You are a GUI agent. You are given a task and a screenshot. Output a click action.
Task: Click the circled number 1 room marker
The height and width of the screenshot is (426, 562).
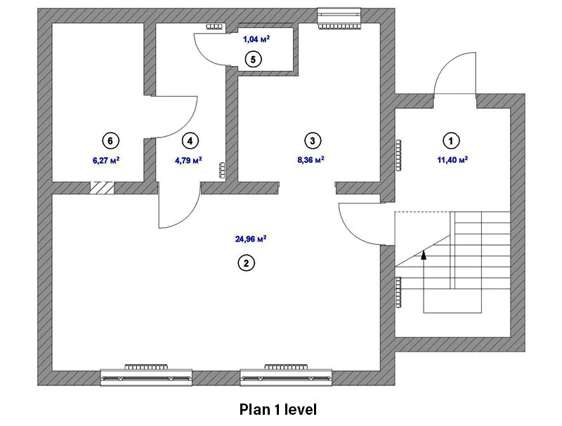451,140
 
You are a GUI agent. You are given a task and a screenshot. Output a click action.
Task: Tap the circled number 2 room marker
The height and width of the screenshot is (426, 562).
247,263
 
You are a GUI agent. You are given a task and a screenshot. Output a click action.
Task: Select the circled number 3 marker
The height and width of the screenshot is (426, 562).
313,140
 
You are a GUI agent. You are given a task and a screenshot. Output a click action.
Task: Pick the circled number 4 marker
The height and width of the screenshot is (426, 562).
190,140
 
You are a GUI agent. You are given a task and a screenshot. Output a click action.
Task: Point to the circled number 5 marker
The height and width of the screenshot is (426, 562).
253,60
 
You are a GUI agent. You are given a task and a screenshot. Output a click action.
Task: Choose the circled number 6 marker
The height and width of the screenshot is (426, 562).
110,140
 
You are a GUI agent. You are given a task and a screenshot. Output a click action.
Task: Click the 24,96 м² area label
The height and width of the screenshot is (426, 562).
251,239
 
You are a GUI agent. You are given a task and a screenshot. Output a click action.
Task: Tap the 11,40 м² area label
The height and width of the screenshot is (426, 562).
452,159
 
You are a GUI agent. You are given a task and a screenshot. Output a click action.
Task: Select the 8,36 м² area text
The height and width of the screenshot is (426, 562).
311,159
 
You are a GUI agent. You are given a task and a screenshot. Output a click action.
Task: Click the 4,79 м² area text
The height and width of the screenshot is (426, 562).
188,159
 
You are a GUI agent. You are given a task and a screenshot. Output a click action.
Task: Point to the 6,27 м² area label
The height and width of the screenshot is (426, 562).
106,160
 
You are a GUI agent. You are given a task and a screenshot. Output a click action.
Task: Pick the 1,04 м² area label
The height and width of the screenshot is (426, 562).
256,39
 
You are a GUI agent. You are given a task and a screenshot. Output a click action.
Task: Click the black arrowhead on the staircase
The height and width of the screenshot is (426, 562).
424,254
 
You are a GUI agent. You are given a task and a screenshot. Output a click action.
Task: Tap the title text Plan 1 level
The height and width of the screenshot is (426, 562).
278,409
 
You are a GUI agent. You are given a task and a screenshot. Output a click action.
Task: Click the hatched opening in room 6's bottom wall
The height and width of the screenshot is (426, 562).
102,188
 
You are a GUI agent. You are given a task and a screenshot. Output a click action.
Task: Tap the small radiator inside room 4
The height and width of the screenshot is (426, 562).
222,170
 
